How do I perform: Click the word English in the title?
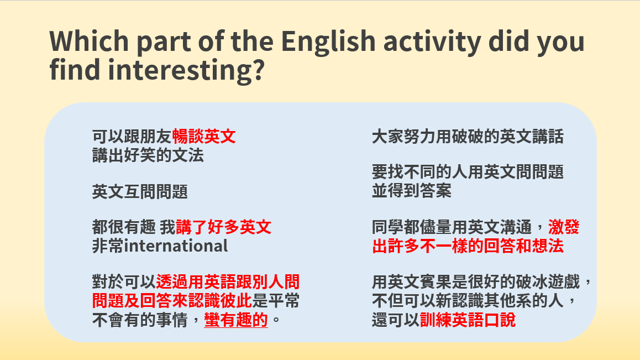(x=328, y=41)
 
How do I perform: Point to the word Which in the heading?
(x=89, y=41)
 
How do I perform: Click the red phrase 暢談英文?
(x=204, y=137)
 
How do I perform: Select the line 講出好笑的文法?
(x=148, y=155)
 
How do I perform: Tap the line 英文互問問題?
(x=140, y=192)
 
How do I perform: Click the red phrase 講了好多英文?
(x=224, y=227)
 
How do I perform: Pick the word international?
(x=176, y=246)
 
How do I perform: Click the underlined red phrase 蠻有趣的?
(x=236, y=320)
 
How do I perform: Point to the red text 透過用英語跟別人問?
(x=228, y=282)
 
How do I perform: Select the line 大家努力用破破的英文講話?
(x=468, y=137)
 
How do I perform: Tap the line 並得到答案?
(x=412, y=191)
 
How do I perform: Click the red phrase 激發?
(x=564, y=227)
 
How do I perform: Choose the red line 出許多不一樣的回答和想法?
(x=468, y=246)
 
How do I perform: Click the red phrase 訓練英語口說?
(x=468, y=320)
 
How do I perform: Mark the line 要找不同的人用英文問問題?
(x=468, y=172)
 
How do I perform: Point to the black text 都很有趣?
(x=124, y=227)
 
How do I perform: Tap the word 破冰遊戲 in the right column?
(x=548, y=282)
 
